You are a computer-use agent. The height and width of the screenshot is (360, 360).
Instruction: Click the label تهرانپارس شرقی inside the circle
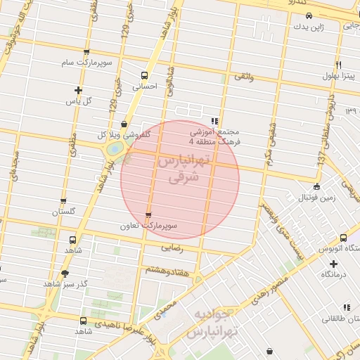click(x=178, y=169)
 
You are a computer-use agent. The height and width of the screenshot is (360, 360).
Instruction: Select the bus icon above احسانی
click(x=144, y=76)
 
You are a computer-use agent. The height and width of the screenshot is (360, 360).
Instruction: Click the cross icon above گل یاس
click(x=78, y=90)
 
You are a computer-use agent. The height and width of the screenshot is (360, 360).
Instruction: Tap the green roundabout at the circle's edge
click(x=113, y=150)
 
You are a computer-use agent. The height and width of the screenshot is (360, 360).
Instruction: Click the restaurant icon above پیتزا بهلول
click(x=339, y=64)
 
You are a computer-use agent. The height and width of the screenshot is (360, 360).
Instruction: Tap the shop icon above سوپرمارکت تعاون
click(x=148, y=215)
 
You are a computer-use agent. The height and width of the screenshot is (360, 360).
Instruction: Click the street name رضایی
click(x=172, y=248)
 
